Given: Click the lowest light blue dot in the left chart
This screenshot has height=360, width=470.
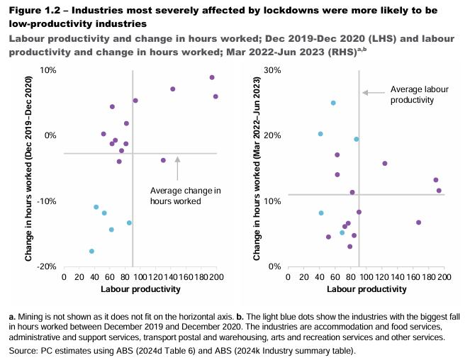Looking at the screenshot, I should tap(92, 252).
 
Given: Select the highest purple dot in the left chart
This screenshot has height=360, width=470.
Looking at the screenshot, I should tap(211, 77).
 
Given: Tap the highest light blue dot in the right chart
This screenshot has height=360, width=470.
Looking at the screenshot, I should tap(333, 103).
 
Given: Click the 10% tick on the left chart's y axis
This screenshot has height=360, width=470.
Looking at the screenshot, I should tap(47, 70).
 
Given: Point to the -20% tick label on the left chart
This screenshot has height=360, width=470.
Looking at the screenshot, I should tap(46, 266).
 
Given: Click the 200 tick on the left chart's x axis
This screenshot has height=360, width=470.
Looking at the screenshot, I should tap(216, 277).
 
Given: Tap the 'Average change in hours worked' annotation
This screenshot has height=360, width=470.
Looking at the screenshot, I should tap(186, 196).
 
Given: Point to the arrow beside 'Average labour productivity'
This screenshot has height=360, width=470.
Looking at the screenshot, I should tap(374, 92).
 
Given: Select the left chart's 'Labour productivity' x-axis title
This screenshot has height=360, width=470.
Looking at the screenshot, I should tap(140, 289).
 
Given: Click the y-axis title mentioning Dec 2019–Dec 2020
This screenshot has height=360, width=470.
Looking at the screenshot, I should tap(28, 169).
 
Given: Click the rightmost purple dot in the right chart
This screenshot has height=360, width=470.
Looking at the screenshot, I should tap(439, 191).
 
